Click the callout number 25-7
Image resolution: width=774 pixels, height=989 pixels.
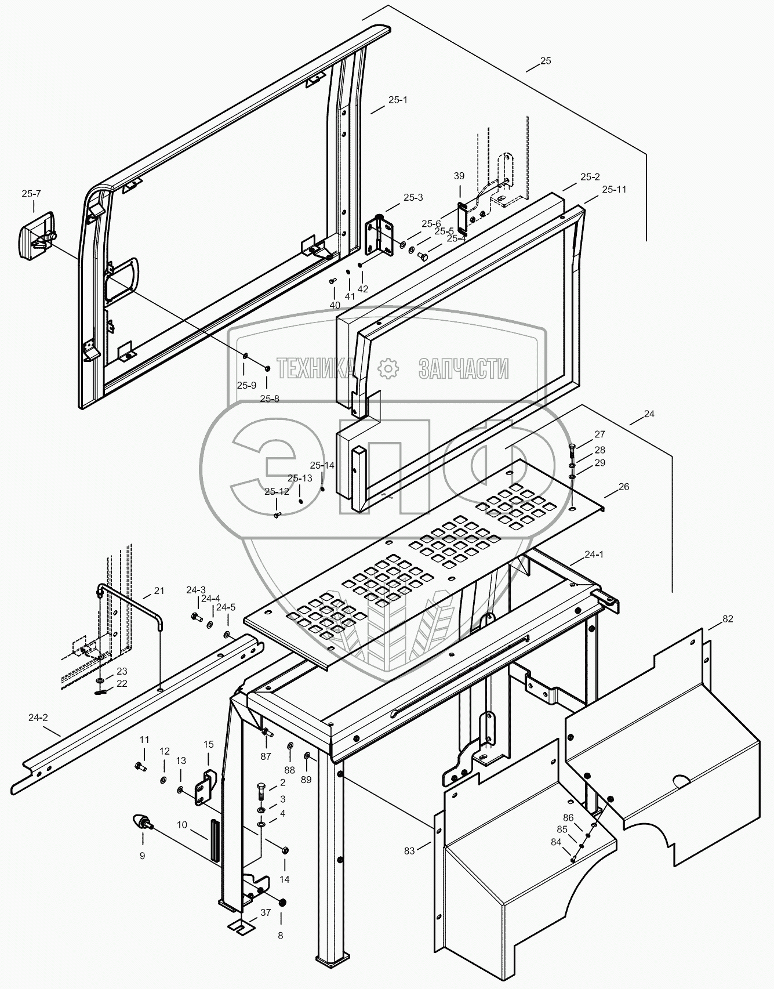click(x=31, y=194)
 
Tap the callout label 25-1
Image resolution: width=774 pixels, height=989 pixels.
click(x=398, y=100)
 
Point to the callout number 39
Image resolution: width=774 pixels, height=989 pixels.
click(x=459, y=176)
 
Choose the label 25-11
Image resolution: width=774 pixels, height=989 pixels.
click(x=614, y=189)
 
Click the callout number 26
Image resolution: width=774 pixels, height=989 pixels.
click(x=623, y=487)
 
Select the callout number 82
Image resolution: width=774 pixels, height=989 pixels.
click(x=727, y=619)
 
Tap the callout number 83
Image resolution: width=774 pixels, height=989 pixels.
click(x=409, y=850)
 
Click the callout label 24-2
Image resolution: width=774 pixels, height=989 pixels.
click(x=38, y=718)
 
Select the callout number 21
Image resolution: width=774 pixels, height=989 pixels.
click(x=159, y=590)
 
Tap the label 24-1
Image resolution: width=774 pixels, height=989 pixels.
click(x=594, y=554)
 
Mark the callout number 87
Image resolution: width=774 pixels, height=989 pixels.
click(x=266, y=756)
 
